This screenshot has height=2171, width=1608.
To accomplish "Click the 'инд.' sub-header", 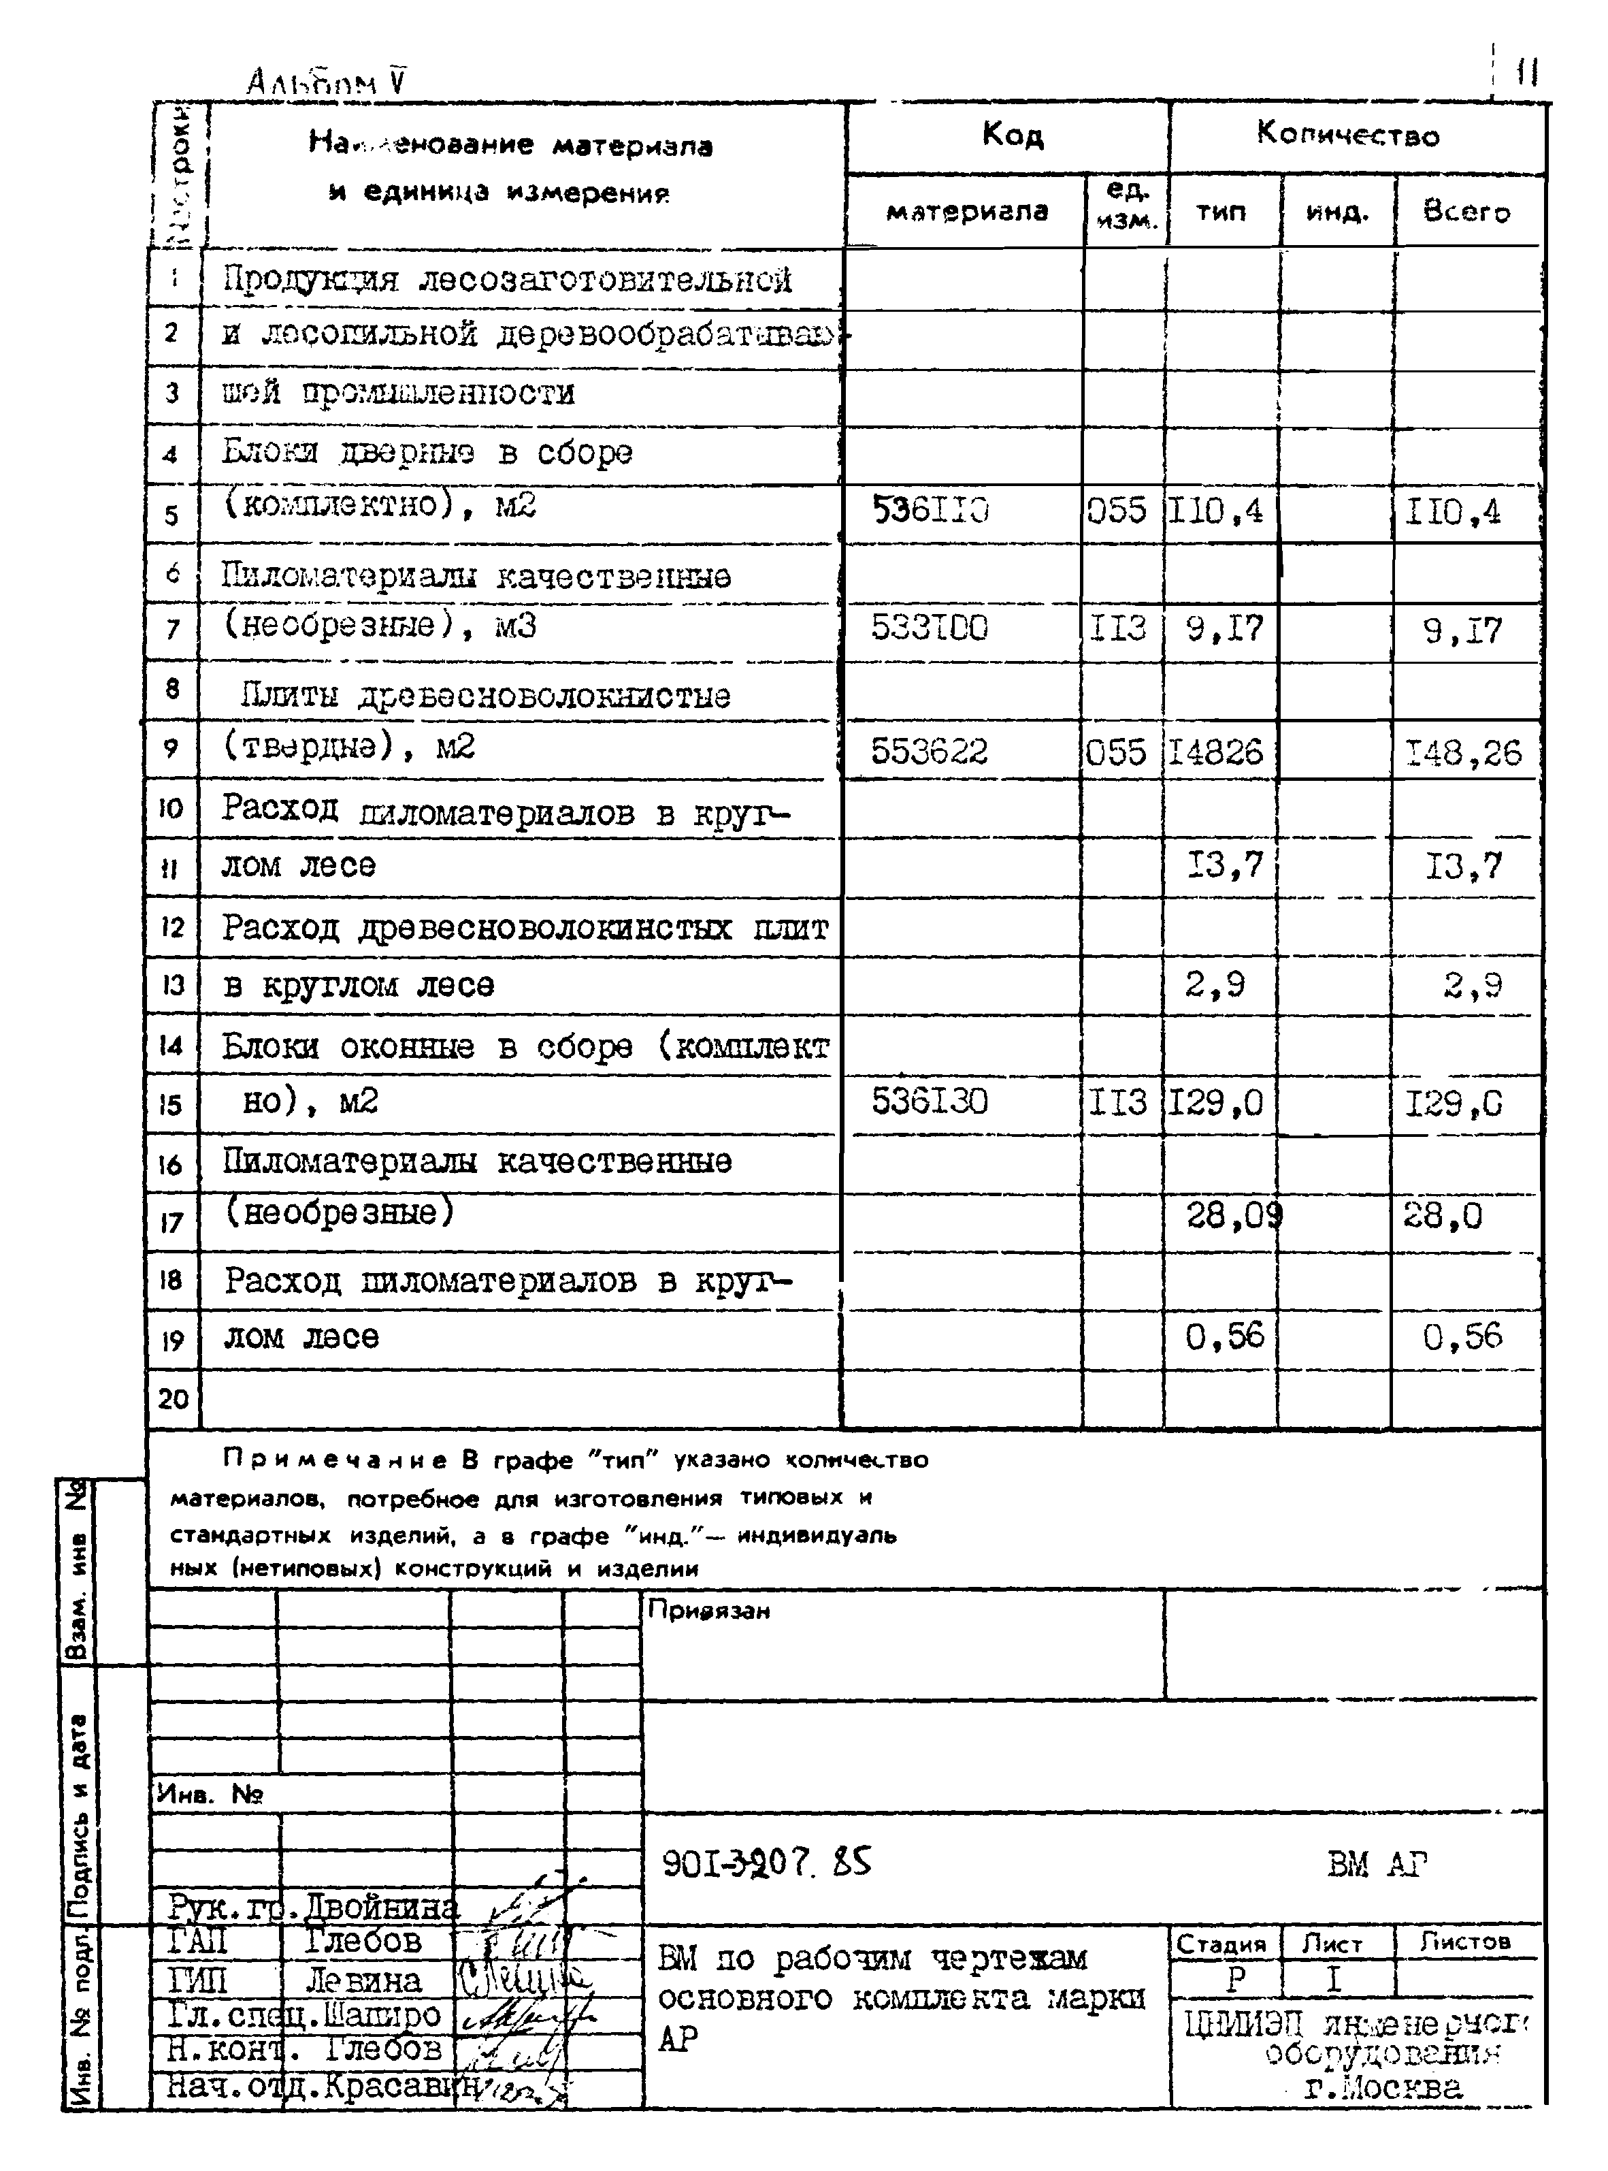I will [x=1337, y=211].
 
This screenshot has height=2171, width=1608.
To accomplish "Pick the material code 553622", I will [x=930, y=751].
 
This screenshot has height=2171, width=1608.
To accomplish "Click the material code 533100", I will [x=930, y=628].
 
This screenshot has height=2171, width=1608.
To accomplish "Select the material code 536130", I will [x=930, y=1101].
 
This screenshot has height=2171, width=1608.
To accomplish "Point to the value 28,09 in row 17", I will [x=1233, y=1215].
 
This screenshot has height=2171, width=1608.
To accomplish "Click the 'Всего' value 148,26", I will [x=1463, y=752].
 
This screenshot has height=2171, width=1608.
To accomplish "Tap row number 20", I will [x=174, y=1399].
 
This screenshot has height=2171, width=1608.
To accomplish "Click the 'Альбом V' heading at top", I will [x=326, y=82].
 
